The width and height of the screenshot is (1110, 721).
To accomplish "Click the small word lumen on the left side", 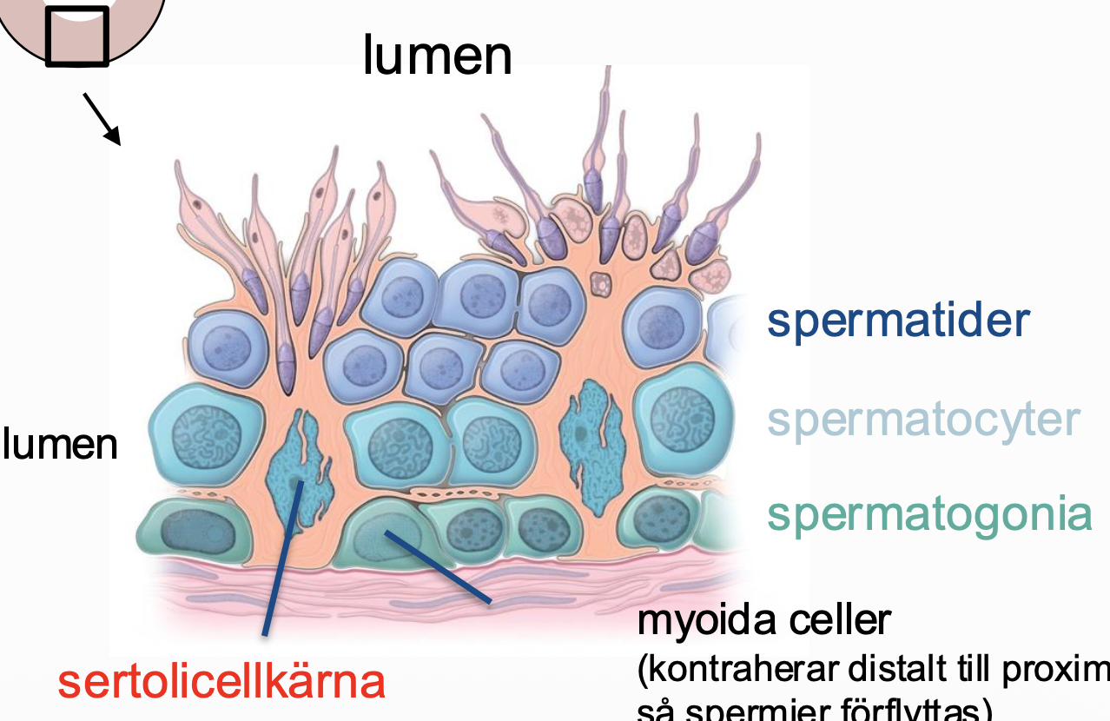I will point(60,444).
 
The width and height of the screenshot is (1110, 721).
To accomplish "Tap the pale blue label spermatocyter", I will point(923,420).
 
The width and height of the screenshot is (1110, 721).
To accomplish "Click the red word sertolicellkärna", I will point(221,682).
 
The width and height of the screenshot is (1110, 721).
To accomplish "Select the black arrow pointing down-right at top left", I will point(102,119).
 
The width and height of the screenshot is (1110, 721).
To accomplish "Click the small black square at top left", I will point(77,36).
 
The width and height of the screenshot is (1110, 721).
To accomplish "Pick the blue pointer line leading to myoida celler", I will point(439,566).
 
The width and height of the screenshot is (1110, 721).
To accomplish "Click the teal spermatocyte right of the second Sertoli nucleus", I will point(673,412).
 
